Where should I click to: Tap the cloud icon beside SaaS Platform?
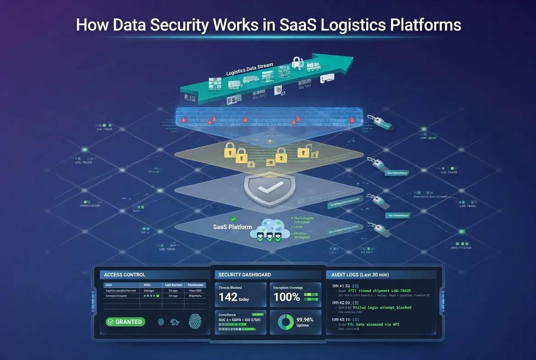tap(270, 228)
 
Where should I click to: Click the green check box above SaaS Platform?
tap(233, 219)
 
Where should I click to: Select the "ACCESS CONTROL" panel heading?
tap(125, 275)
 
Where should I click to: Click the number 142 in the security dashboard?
tap(228, 297)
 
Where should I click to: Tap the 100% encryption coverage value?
tap(287, 297)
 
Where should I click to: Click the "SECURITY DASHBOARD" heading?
tap(245, 275)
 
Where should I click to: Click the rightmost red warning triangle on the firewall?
tap(352, 120)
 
